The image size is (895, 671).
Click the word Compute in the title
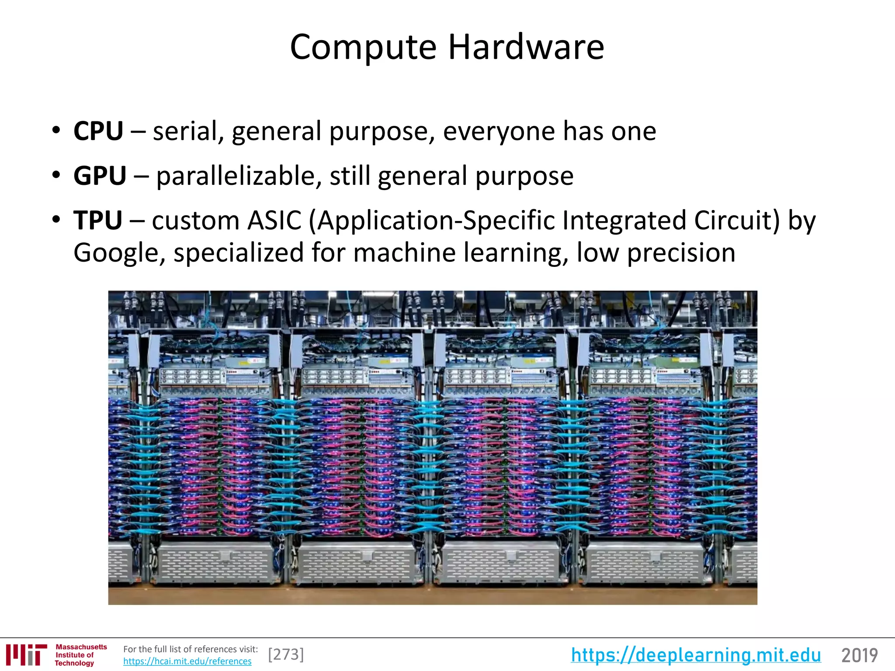click(x=363, y=47)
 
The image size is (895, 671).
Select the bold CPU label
click(x=98, y=131)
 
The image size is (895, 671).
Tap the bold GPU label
click(x=100, y=176)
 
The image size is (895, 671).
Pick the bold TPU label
click(x=98, y=220)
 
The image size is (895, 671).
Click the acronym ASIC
click(x=274, y=220)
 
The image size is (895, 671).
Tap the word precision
click(x=681, y=252)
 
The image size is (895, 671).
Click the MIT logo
click(x=26, y=655)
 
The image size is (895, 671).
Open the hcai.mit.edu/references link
click(x=187, y=661)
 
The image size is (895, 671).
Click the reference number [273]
click(x=286, y=654)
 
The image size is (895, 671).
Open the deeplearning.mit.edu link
click(x=696, y=655)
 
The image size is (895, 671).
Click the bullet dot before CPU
click(x=56, y=131)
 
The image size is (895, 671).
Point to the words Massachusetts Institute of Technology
click(x=81, y=655)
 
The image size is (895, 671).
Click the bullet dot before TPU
click(x=56, y=220)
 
